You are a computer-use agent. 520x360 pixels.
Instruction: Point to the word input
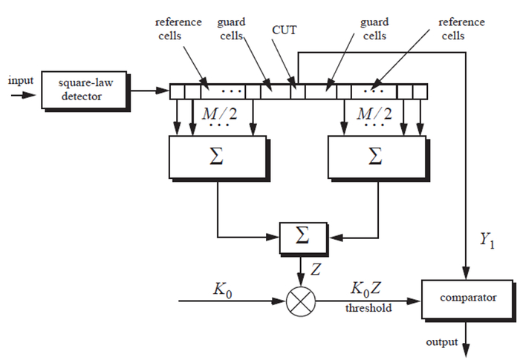click(x=20, y=79)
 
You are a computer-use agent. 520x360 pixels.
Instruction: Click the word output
click(x=441, y=341)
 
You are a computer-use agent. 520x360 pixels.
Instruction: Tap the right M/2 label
click(x=374, y=114)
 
